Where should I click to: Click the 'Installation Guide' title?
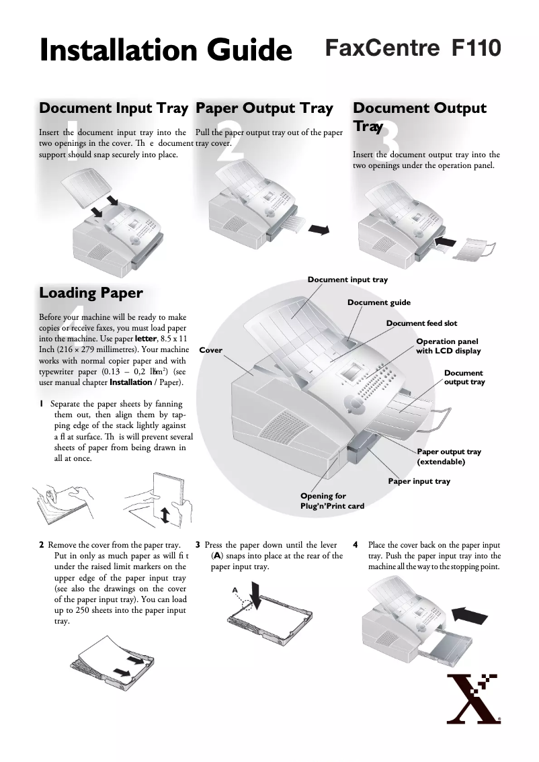pos(165,50)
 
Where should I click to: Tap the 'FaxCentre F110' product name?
pos(413,48)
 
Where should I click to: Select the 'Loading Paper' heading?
pos(91,293)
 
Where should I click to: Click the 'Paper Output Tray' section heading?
pos(264,108)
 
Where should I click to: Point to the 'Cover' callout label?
pos(211,350)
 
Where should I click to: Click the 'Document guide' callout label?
pos(378,302)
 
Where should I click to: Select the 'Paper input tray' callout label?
pos(419,481)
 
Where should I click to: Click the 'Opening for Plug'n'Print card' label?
pos(331,501)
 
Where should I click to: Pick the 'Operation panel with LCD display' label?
pos(448,346)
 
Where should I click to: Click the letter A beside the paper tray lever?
pos(235,589)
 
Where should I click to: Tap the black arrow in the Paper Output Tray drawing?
pos(319,230)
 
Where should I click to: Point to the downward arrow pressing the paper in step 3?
pos(256,595)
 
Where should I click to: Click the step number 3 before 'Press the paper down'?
pos(198,545)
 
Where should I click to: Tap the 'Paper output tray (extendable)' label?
pos(449,457)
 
